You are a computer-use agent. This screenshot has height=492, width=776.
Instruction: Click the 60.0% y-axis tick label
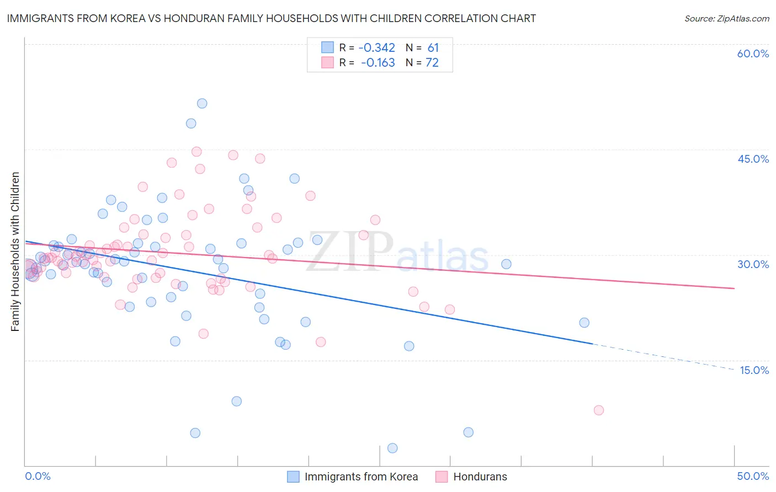(753, 54)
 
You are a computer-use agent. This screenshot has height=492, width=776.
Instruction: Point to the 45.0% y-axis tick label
(753, 159)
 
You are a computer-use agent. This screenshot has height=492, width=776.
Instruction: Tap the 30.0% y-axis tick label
(753, 264)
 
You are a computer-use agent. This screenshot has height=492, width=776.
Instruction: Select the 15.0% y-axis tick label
(754, 370)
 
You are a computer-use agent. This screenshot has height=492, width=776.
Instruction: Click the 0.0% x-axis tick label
(38, 477)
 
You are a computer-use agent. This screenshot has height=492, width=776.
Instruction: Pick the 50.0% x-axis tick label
(753, 477)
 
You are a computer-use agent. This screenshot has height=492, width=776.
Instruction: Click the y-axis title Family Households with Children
(15, 252)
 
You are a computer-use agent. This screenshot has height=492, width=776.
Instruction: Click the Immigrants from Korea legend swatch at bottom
(294, 477)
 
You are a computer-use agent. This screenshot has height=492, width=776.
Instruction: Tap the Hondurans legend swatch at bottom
(442, 477)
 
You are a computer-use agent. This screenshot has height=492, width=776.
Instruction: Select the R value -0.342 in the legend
(377, 48)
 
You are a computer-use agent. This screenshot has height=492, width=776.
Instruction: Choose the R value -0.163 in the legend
(378, 63)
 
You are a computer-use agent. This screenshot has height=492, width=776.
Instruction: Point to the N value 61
(433, 48)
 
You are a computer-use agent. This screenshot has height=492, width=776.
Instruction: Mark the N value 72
(432, 63)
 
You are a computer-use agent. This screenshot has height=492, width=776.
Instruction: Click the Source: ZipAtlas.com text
(726, 19)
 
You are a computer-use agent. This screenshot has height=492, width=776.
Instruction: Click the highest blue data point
(202, 104)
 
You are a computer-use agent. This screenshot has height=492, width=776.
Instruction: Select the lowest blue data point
(392, 448)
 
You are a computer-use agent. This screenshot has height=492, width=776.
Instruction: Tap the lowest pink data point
(599, 410)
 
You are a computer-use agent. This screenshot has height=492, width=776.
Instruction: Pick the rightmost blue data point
(584, 323)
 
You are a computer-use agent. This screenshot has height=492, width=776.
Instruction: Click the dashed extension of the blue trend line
(662, 356)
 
